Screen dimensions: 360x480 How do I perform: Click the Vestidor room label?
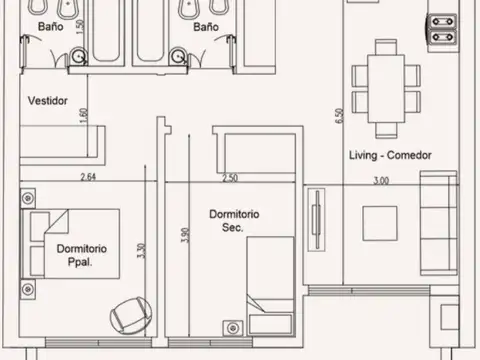point(48,101)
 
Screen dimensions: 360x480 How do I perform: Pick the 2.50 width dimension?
point(230,179)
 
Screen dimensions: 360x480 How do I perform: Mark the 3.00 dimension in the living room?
point(380,181)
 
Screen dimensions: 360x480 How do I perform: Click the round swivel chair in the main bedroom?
point(128,316)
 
